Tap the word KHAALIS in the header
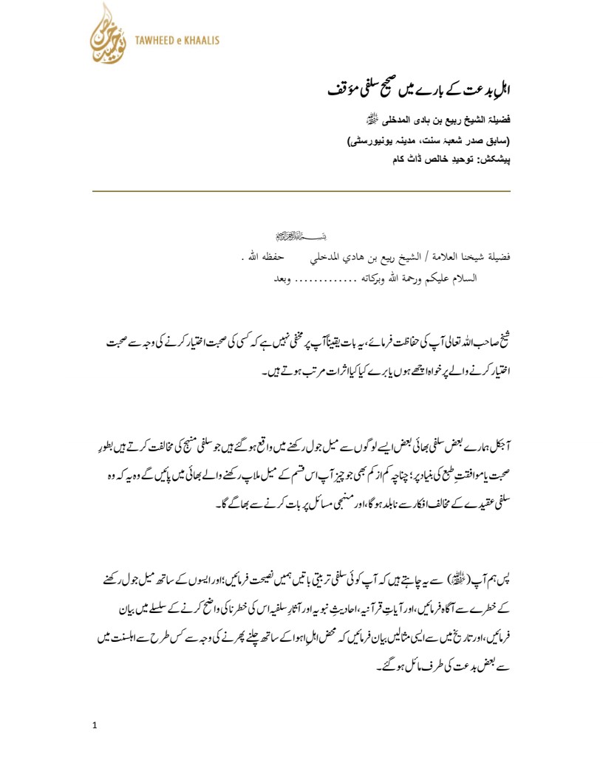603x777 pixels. tap(202, 41)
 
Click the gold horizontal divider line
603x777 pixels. tap(301, 191)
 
